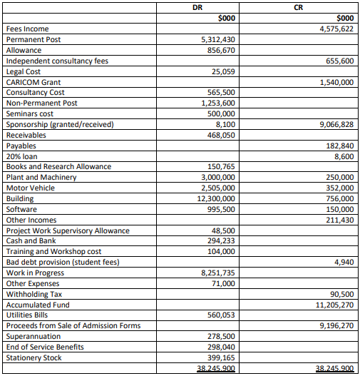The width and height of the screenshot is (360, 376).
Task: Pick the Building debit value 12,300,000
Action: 215,198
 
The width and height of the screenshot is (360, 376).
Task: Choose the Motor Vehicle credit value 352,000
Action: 339,188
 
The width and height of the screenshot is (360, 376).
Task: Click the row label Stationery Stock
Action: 34,357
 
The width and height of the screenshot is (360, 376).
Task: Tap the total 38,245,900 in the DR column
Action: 217,369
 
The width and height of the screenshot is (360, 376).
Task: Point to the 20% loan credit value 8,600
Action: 344,156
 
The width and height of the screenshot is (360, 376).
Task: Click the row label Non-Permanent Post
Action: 41,103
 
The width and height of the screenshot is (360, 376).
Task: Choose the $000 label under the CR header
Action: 343,17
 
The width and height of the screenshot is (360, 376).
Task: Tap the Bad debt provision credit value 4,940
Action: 344,262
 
